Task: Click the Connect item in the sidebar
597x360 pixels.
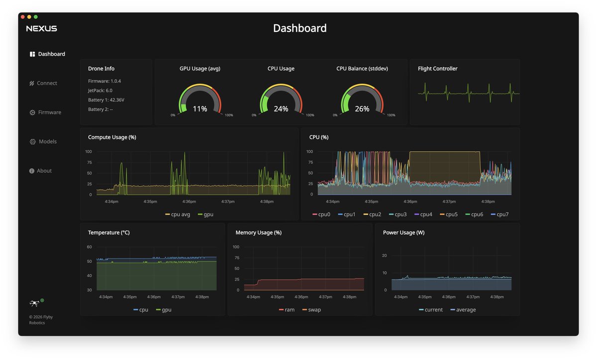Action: point(43,83)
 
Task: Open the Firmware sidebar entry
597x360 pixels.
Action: point(45,112)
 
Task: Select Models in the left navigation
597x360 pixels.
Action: point(43,142)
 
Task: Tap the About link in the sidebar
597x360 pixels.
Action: point(40,171)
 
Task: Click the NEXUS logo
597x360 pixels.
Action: point(42,28)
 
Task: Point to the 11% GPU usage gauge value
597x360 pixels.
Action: point(200,109)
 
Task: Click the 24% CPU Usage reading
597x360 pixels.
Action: point(281,109)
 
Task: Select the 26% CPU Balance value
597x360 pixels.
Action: point(362,109)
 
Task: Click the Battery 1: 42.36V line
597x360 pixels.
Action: point(106,100)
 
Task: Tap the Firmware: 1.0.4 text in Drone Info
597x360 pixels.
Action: point(104,81)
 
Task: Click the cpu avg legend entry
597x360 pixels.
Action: point(178,214)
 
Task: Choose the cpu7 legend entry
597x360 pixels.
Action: point(499,214)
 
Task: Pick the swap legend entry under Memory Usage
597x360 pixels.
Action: point(311,310)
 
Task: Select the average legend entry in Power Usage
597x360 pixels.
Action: point(463,310)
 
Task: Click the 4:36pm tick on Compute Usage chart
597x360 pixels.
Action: point(189,201)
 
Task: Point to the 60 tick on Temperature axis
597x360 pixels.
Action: point(89,247)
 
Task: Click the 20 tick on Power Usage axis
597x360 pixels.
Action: point(384,256)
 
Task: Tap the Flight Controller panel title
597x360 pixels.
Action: point(437,69)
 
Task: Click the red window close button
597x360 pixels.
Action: point(23,17)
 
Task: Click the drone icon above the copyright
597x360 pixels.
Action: point(34,303)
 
